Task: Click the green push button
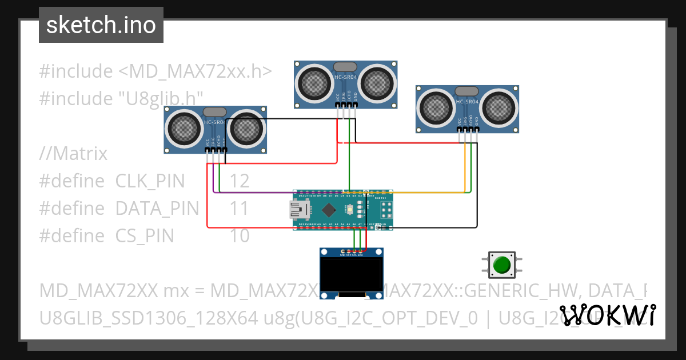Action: coord(501,265)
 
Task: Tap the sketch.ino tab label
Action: coord(101,25)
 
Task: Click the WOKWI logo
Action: coord(607,315)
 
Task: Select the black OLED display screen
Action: coord(351,274)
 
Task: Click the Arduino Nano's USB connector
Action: coord(297,210)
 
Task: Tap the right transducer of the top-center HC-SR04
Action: coord(377,83)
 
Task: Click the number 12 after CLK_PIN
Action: coord(240,181)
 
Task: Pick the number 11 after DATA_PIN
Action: coord(239,209)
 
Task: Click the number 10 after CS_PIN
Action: coord(240,235)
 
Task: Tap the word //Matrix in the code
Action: coord(73,154)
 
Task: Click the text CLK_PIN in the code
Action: coord(150,181)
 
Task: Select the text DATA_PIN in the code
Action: coord(157,209)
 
